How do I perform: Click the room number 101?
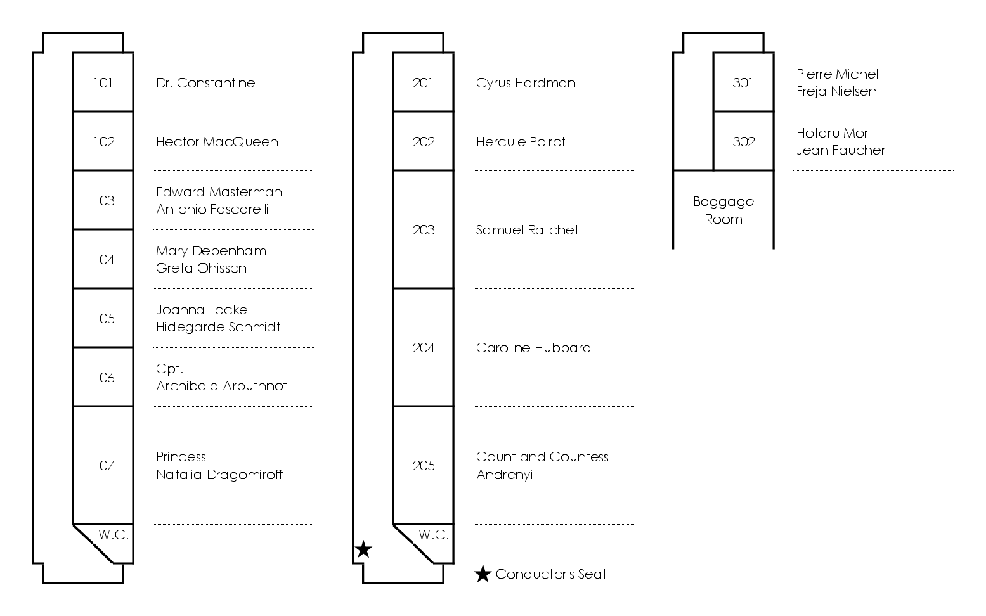(103, 83)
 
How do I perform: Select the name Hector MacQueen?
(217, 142)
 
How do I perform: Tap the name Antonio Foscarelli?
(212, 209)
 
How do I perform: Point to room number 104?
(103, 260)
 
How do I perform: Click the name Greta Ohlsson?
(201, 268)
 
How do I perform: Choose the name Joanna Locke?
(202, 310)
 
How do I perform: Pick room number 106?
(103, 378)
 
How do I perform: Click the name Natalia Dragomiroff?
(219, 474)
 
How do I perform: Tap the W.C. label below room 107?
(114, 535)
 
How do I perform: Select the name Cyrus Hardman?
(526, 83)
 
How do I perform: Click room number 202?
(424, 142)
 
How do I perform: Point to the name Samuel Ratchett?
(529, 229)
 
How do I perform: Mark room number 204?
(424, 347)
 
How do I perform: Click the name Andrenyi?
(505, 474)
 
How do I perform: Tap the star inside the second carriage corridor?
(363, 549)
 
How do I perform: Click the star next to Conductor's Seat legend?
(483, 574)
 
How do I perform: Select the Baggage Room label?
(723, 210)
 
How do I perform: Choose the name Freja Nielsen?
(836, 91)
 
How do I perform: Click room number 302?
(743, 142)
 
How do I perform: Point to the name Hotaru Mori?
(833, 133)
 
